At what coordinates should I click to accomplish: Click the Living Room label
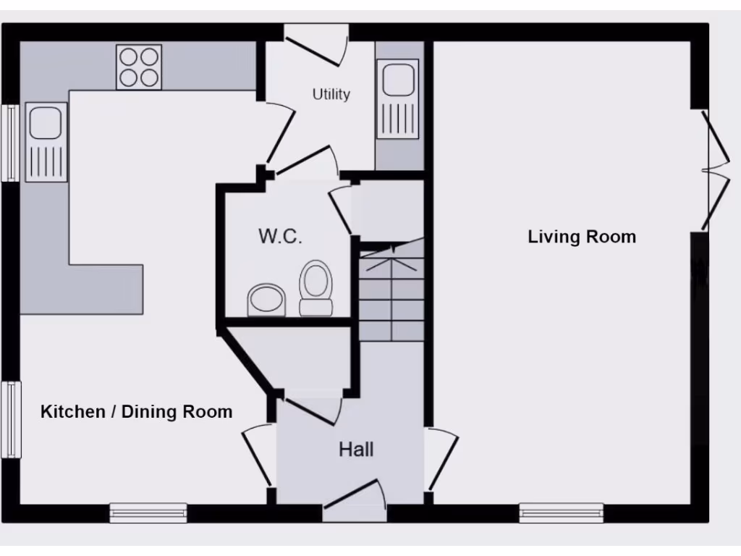pyautogui.click(x=582, y=237)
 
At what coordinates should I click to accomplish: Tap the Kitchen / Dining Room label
pyautogui.click(x=136, y=412)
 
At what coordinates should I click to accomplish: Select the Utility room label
pyautogui.click(x=331, y=94)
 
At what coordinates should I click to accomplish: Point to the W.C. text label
pyautogui.click(x=280, y=237)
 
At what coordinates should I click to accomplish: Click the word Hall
pyautogui.click(x=356, y=450)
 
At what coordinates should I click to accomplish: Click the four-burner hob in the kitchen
pyautogui.click(x=139, y=67)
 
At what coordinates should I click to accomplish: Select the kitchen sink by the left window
pyautogui.click(x=46, y=142)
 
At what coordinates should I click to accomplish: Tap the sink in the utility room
pyautogui.click(x=398, y=99)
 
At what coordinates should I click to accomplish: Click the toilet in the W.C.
pyautogui.click(x=316, y=287)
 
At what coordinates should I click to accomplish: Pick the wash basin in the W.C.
pyautogui.click(x=266, y=300)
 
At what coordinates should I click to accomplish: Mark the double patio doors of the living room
pyautogui.click(x=713, y=171)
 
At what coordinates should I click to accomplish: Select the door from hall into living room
pyautogui.click(x=441, y=459)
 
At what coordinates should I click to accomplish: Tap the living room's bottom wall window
pyautogui.click(x=561, y=513)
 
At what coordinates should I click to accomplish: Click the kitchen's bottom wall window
pyautogui.click(x=148, y=513)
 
